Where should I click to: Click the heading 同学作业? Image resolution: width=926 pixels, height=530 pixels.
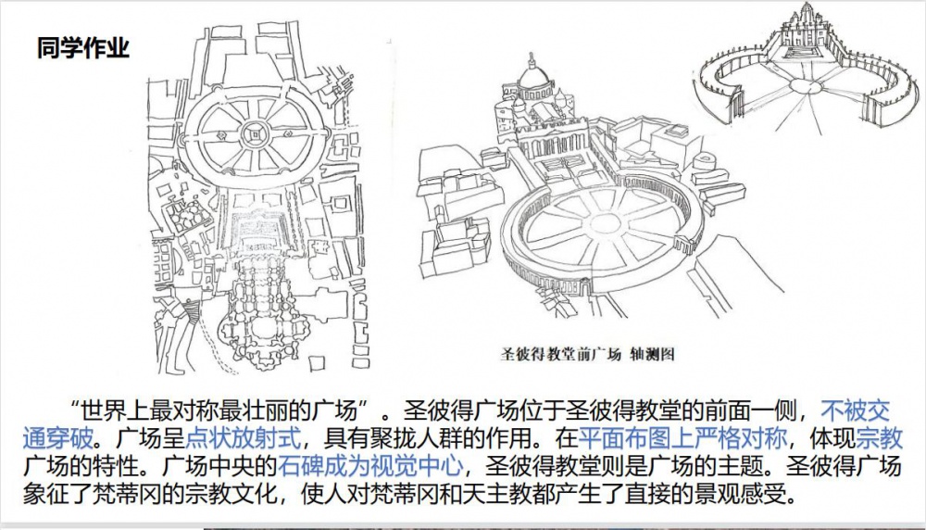82,48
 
